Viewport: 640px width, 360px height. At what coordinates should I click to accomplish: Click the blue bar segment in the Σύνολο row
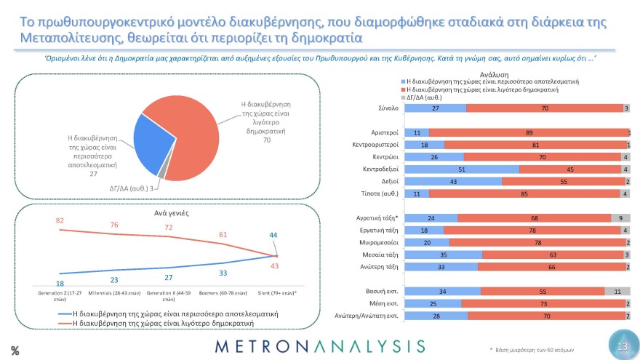pos(435,108)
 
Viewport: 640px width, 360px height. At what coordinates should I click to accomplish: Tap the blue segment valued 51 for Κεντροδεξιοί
pos(461,169)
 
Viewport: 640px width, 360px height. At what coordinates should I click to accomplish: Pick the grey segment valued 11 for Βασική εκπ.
pos(617,291)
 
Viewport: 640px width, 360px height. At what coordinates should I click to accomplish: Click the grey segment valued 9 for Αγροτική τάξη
pos(620,217)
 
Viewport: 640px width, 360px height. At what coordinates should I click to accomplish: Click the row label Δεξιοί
pos(385,181)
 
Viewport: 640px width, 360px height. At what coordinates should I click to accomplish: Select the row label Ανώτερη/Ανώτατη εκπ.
pos(366,316)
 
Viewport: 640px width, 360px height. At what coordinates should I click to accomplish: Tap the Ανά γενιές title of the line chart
pos(172,214)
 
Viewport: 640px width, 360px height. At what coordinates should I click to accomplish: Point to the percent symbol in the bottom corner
pos(15,351)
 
